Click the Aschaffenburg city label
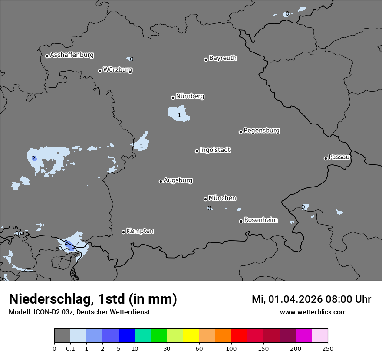(x=72, y=55)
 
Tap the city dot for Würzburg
(x=100, y=71)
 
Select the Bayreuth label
(x=223, y=58)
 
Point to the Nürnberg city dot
(x=173, y=98)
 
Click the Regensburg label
(x=261, y=131)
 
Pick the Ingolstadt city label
(x=215, y=150)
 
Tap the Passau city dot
(x=326, y=158)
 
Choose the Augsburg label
(x=178, y=180)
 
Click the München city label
(x=222, y=198)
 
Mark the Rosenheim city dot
(x=241, y=222)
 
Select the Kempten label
(x=140, y=231)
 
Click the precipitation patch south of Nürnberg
(x=179, y=114)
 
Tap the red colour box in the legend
(x=239, y=336)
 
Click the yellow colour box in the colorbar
(x=191, y=336)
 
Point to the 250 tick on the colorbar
(x=328, y=349)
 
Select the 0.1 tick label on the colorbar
(x=70, y=349)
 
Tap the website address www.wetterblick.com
(x=313, y=312)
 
